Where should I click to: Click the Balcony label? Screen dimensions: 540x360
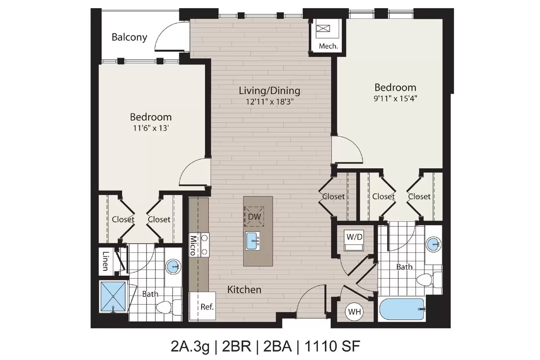pos(130,37)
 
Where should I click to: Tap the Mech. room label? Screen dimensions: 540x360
pos(328,46)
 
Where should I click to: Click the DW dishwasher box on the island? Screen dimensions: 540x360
pos(254,217)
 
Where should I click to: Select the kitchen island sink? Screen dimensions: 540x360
pos(253,241)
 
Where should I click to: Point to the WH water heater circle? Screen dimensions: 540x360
pos(354,312)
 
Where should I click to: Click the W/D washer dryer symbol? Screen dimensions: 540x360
pos(354,240)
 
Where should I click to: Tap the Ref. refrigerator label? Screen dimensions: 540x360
pos(207,307)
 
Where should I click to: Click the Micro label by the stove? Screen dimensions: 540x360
pos(193,245)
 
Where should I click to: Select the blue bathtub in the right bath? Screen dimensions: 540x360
pos(402,309)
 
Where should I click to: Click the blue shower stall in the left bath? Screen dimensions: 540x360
pos(113,296)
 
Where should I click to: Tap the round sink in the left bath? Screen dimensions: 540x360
pos(173,266)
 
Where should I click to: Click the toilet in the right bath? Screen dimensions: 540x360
pos(429,280)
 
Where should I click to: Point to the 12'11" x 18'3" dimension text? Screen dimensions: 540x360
pos(270,102)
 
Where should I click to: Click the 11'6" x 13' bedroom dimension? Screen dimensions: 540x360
pos(151,128)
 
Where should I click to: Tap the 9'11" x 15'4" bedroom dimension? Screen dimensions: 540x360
pos(395,98)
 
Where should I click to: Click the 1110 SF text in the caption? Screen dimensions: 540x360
pos(332,346)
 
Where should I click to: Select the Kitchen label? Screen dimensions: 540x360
pos(244,289)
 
